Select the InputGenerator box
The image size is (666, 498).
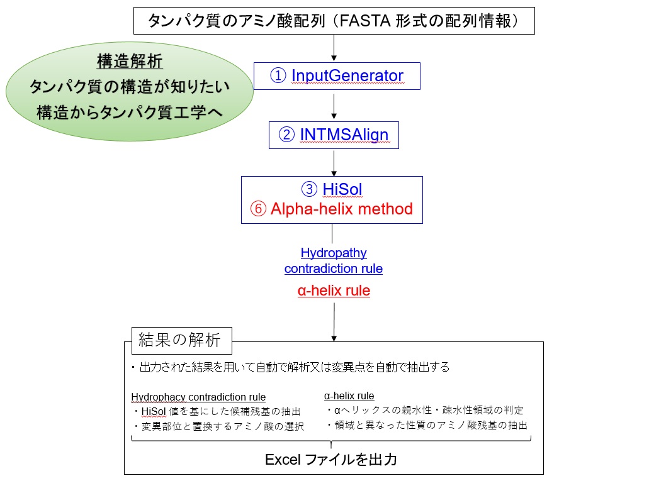337,76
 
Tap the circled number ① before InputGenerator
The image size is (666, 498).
278,75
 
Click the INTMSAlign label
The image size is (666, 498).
344,135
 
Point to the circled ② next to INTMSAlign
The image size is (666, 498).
286,135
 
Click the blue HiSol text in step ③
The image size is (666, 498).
342,189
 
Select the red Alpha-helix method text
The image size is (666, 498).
341,209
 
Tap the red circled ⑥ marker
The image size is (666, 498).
258,209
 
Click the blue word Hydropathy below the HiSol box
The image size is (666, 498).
334,253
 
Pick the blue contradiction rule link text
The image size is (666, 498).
334,268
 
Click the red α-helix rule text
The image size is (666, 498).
334,290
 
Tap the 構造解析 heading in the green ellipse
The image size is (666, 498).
130,61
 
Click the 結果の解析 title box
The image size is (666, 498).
182,340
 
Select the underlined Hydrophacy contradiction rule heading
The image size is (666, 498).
198,397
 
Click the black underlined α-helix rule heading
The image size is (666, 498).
349,396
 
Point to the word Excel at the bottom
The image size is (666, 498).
283,460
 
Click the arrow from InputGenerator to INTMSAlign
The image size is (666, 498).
334,106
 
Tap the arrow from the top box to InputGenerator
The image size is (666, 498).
334,48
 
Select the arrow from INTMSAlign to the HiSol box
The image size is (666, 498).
334,163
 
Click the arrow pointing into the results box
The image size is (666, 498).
334,322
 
